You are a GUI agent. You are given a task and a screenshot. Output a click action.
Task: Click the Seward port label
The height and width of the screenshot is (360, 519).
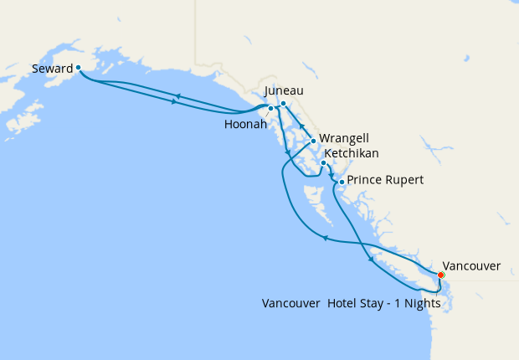coord(52,69)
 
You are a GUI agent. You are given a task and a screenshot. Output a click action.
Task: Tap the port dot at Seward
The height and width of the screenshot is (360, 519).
coord(78,67)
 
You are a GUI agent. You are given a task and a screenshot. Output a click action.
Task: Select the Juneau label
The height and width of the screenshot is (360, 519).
coord(283,90)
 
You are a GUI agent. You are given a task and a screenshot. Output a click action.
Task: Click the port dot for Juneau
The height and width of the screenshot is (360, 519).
coord(283,104)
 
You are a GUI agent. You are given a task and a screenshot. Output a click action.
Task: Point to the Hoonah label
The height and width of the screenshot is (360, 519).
coord(245,124)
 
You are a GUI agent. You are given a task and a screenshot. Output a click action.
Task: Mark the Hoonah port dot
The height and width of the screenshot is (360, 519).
coord(270,109)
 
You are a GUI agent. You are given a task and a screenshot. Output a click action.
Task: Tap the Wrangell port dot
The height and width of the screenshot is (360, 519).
coord(313,141)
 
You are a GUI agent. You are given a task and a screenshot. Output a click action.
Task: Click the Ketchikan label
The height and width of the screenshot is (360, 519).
coord(352,153)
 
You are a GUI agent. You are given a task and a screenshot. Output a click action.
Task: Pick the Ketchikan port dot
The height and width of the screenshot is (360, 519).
coord(323,163)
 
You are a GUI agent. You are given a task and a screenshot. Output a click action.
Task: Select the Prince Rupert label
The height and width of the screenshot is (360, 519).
coord(385,180)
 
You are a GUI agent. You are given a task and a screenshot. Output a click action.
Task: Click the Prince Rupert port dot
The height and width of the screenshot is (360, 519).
coord(342,181)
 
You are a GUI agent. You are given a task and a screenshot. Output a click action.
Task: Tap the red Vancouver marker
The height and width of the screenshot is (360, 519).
coord(441,275)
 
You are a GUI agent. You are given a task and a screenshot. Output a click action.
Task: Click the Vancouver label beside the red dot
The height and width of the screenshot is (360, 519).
coord(471,266)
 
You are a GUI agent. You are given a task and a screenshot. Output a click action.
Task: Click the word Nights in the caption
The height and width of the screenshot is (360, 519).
coord(421,303)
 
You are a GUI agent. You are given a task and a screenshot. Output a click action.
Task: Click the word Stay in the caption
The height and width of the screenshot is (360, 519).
coord(373,303)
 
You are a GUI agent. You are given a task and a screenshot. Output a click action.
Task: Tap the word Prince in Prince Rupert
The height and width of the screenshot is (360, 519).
coord(364,180)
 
